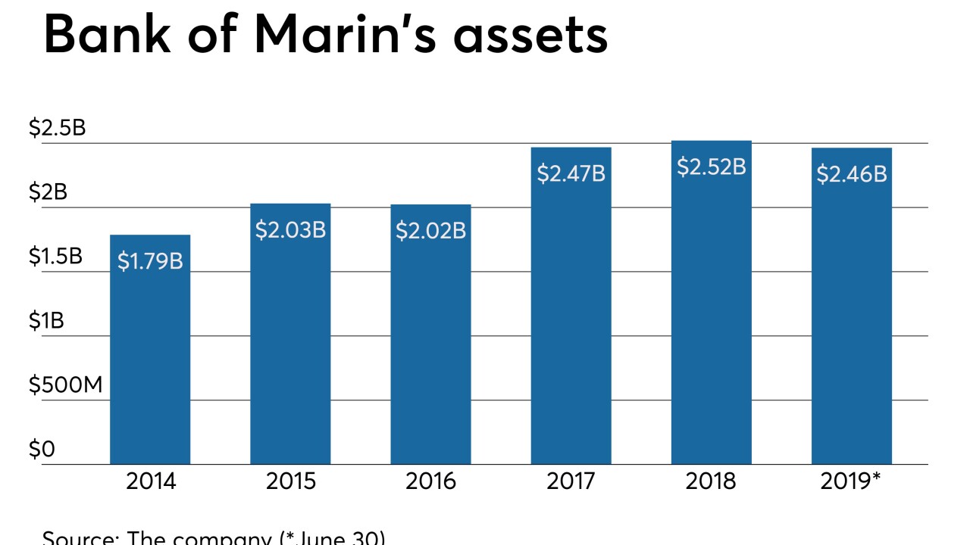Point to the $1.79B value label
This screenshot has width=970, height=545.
[150, 261]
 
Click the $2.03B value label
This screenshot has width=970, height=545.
[290, 230]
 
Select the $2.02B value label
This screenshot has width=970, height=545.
[430, 231]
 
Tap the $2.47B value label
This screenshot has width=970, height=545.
[571, 173]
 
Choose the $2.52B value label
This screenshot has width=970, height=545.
[711, 167]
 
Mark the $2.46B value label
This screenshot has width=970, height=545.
[851, 174]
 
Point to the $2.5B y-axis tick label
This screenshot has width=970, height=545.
[57, 128]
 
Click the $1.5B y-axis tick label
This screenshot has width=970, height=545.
[55, 257]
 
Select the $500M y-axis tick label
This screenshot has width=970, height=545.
[65, 385]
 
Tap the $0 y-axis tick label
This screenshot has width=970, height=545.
[42, 450]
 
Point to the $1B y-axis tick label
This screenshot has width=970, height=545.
[46, 321]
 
